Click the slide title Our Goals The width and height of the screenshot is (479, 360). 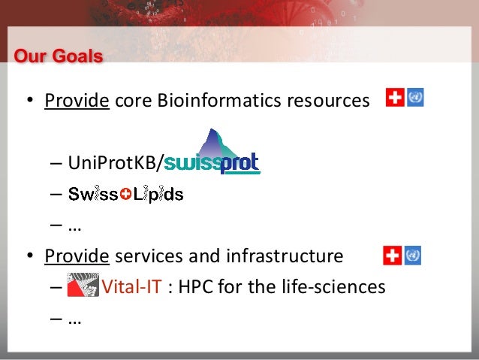coord(59,56)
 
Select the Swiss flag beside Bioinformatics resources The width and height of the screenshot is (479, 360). coord(395,98)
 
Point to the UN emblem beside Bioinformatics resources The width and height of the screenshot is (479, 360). coord(415,98)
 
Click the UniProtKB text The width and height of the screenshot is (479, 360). coord(113,162)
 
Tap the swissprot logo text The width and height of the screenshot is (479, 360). coord(212,162)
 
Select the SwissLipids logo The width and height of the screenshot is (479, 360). coord(125,195)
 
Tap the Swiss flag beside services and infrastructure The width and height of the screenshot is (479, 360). coord(392,256)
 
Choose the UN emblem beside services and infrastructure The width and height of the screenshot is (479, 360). coord(412,256)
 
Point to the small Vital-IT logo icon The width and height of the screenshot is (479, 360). coord(83,286)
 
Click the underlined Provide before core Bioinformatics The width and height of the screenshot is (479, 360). coord(77,101)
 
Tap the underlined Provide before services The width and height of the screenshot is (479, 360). coord(77,256)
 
